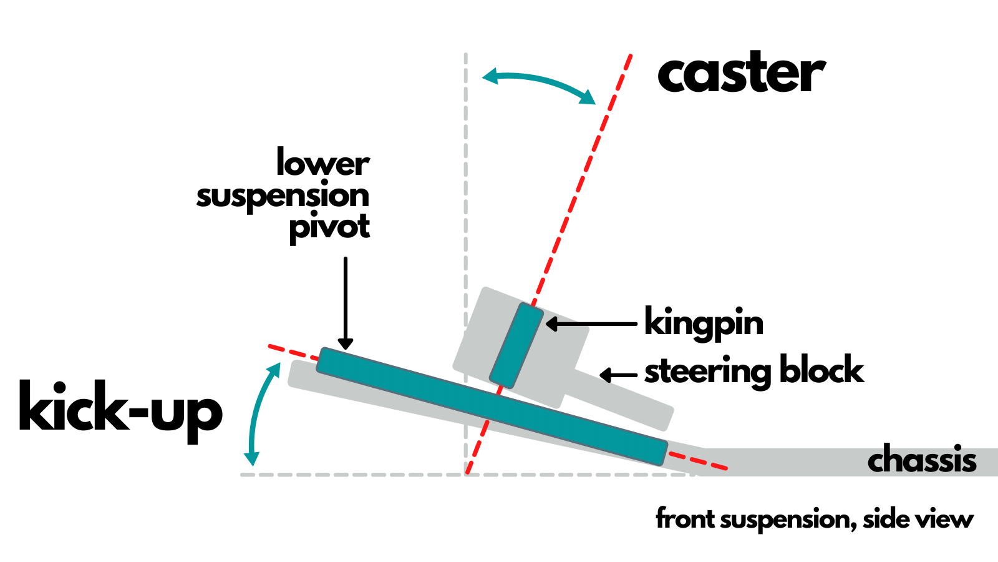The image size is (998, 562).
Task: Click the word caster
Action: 741,74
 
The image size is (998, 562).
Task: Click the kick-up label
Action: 120,408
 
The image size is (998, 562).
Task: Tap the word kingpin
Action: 704,323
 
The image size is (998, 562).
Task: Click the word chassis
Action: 921,461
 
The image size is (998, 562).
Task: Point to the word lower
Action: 322,164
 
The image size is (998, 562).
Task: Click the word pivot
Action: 329,227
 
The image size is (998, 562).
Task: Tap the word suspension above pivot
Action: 283,196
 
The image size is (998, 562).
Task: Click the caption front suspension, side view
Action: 814,519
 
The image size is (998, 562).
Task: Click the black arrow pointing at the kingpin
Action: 590,324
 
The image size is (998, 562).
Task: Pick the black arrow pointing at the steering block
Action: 618,375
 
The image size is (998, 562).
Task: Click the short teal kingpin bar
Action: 516,345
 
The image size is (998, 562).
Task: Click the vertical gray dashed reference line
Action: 466,187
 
